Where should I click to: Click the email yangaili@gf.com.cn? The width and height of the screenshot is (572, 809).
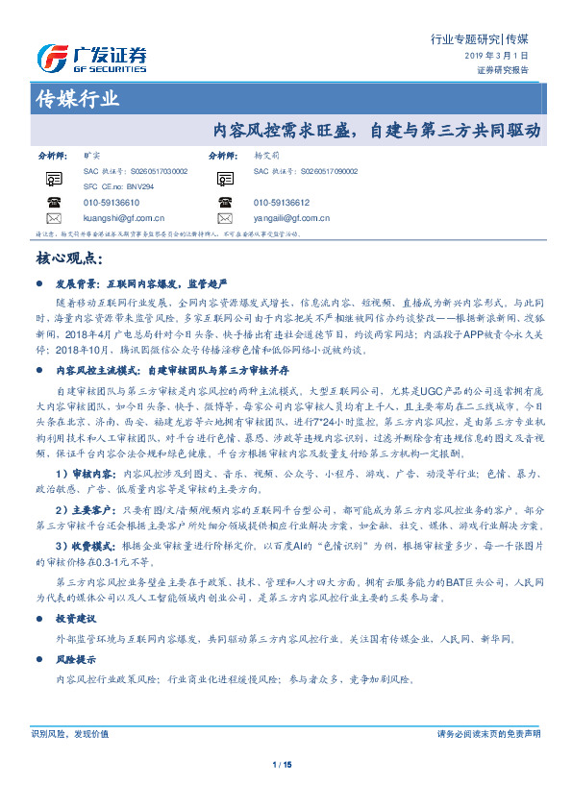292,218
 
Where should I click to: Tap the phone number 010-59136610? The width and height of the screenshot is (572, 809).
112,203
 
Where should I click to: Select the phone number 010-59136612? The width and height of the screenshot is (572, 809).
282,203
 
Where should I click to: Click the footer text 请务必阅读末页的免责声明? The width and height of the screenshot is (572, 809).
488,733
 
